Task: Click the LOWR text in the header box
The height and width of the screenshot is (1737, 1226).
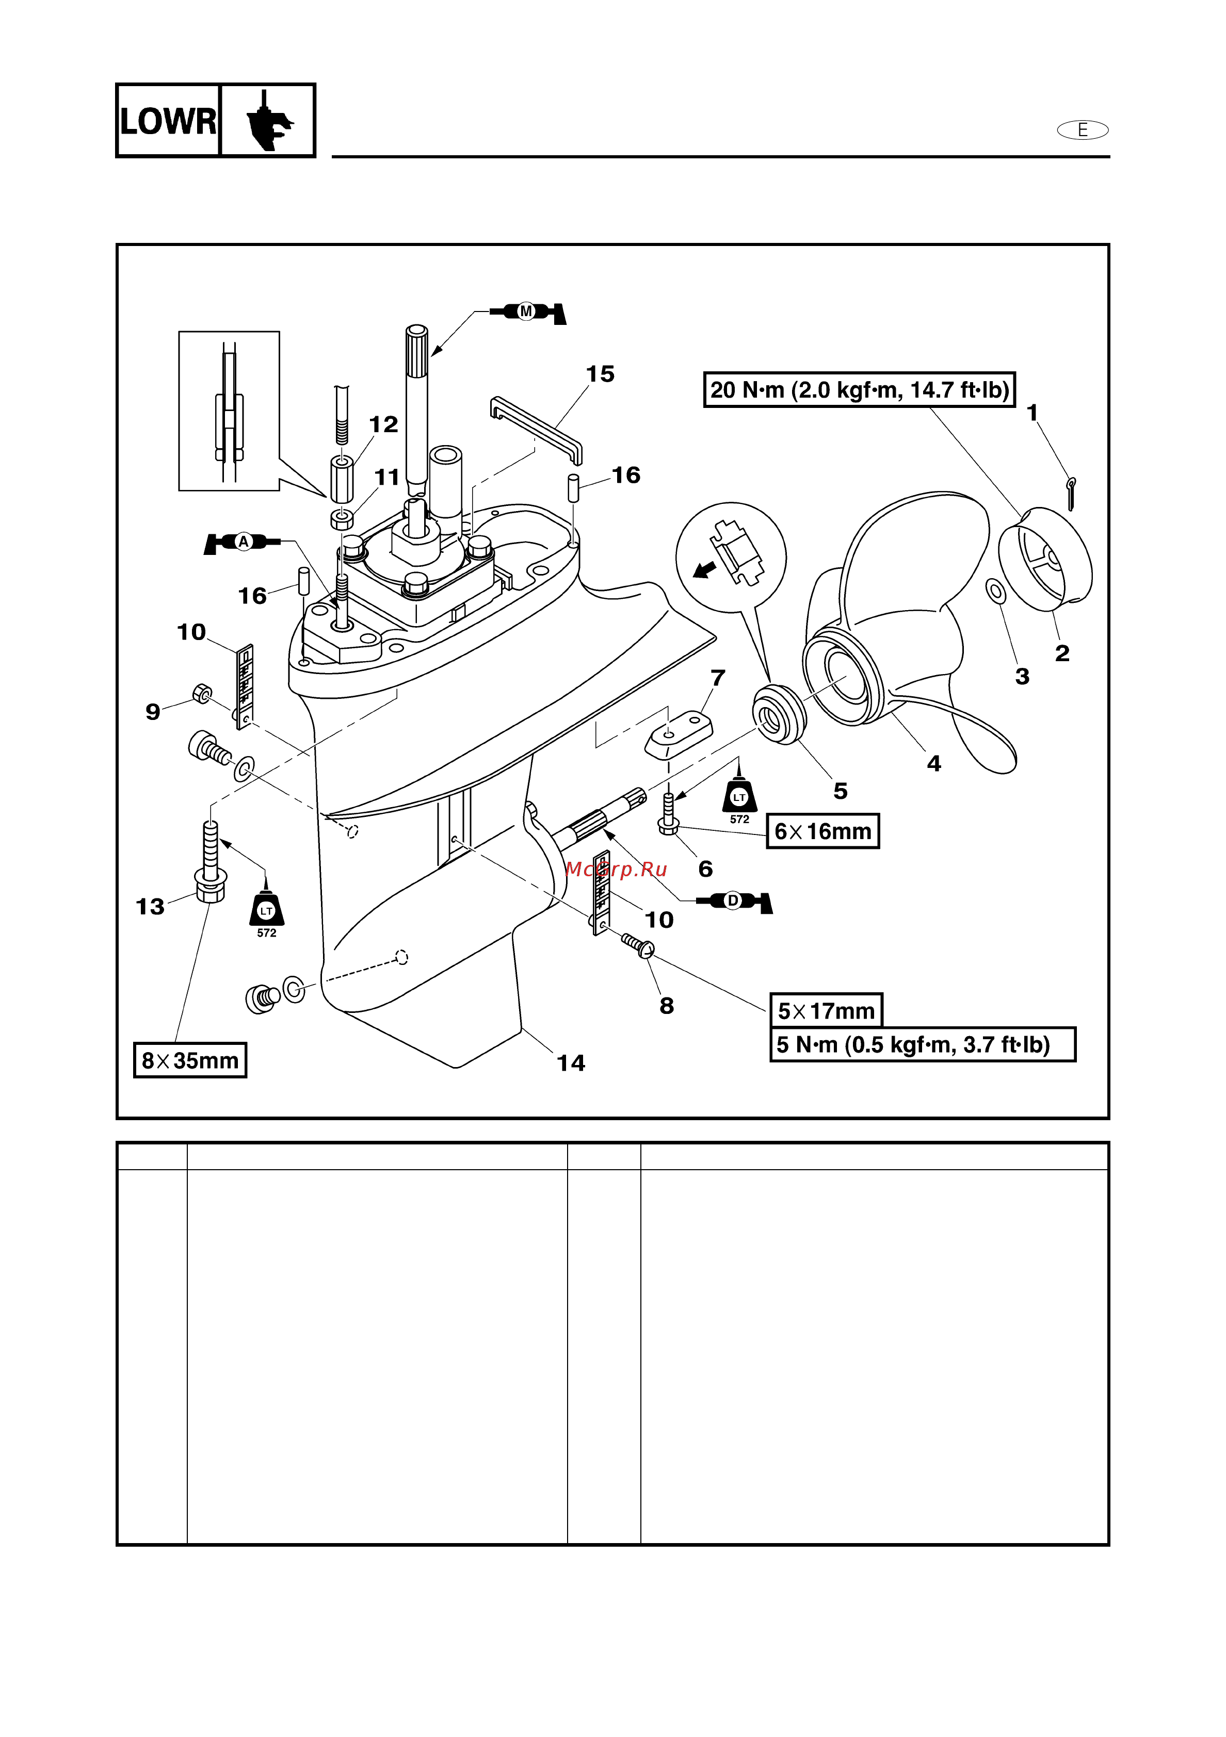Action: pyautogui.click(x=168, y=121)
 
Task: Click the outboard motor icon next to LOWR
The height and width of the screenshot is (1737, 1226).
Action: pyautogui.click(x=268, y=121)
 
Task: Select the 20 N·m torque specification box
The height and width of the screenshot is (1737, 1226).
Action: pyautogui.click(x=859, y=389)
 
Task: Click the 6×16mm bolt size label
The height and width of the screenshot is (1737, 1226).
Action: pyautogui.click(x=822, y=831)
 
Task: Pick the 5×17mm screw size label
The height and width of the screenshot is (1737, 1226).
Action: pyautogui.click(x=826, y=1011)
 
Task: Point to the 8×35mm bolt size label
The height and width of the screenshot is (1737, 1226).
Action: pyautogui.click(x=190, y=1061)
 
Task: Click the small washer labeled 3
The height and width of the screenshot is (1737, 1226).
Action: pyautogui.click(x=996, y=591)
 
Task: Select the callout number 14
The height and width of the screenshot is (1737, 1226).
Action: pyautogui.click(x=571, y=1063)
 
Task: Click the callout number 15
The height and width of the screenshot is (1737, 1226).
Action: pyautogui.click(x=600, y=374)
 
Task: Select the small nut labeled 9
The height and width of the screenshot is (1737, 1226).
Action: pyautogui.click(x=202, y=693)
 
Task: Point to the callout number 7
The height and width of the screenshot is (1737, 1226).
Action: pyautogui.click(x=717, y=678)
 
